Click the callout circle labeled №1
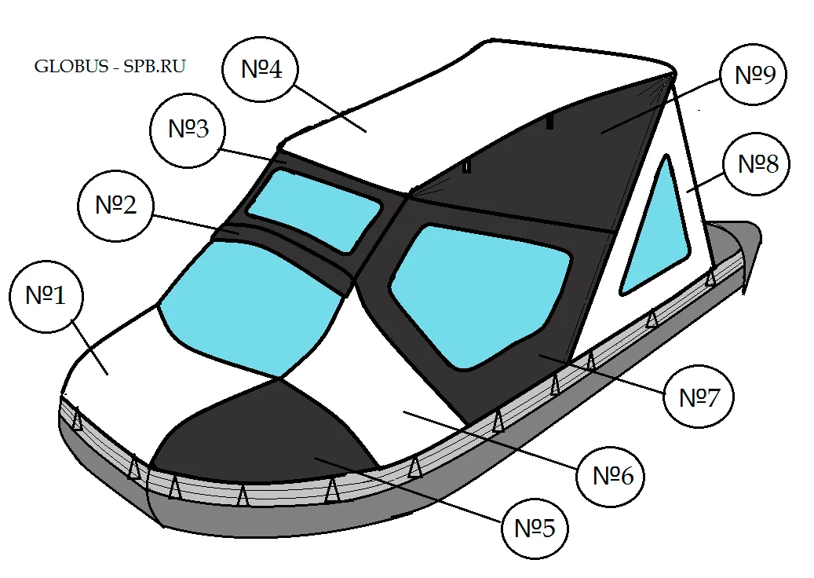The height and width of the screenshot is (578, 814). pyautogui.click(x=46, y=296)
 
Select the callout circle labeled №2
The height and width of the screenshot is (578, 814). pyautogui.click(x=115, y=205)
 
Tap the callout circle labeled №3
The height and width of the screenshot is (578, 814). pyautogui.click(x=188, y=130)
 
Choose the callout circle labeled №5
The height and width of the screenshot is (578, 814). pyautogui.click(x=535, y=529)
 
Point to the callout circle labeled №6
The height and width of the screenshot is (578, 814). pyautogui.click(x=611, y=476)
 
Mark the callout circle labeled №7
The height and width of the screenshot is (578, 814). pyautogui.click(x=699, y=397)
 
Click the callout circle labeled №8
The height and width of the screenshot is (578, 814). pyautogui.click(x=757, y=164)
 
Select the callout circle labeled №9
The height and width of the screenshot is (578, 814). pyautogui.click(x=754, y=75)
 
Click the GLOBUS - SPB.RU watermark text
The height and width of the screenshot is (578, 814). pyautogui.click(x=110, y=67)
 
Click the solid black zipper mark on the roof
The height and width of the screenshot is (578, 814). pyautogui.click(x=549, y=123)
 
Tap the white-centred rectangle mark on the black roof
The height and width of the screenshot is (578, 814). pyautogui.click(x=466, y=167)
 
